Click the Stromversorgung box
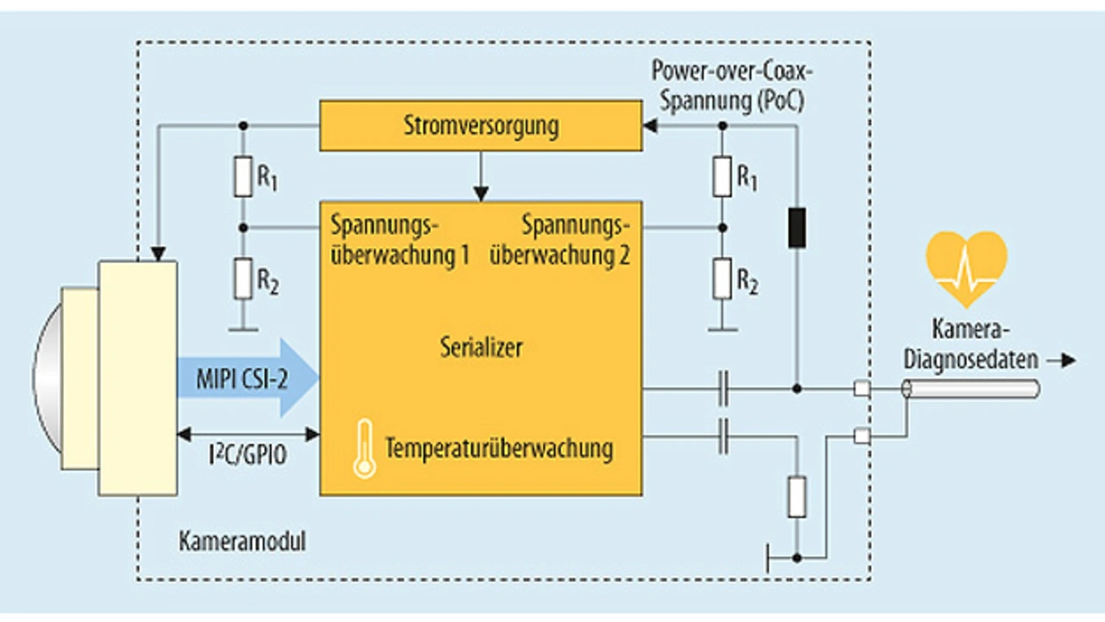(x=480, y=126)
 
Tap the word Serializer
(x=480, y=349)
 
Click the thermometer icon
(x=365, y=449)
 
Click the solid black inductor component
(x=797, y=225)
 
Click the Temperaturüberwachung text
(x=499, y=449)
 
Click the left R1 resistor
(x=243, y=177)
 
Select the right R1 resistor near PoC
(x=723, y=177)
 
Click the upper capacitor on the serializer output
(x=723, y=390)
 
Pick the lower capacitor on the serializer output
(x=723, y=437)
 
